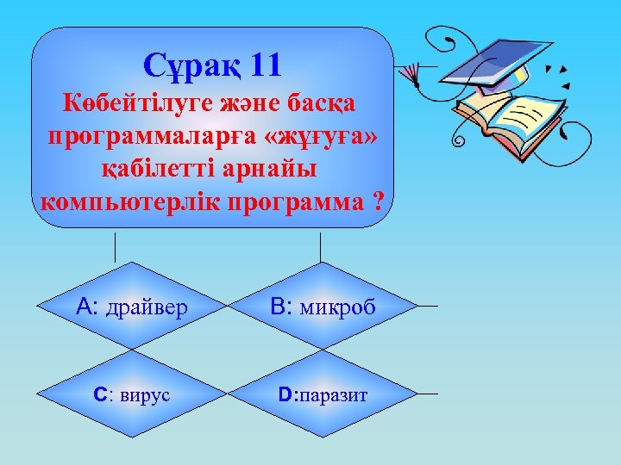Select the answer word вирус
145,395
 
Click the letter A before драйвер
85,307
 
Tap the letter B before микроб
278,307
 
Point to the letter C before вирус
100,395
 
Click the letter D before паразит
285,395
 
